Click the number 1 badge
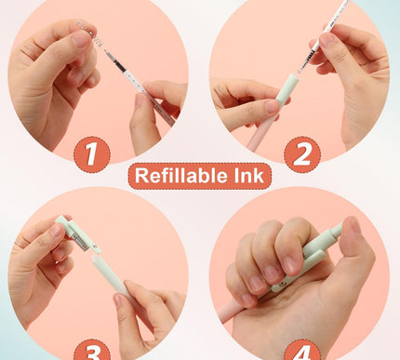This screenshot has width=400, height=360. pos(91,153)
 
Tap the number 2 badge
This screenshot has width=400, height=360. pos(301,153)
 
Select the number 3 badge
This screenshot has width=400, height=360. pos(91,349)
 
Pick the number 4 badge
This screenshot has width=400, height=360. pos(307,350)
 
